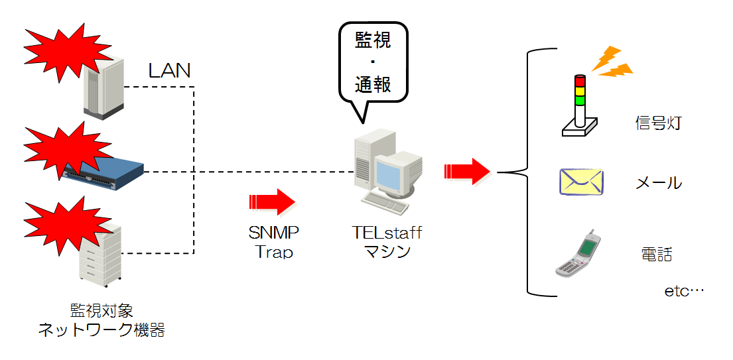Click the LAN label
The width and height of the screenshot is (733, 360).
pyautogui.click(x=169, y=70)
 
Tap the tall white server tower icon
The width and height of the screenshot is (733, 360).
pyautogui.click(x=104, y=86)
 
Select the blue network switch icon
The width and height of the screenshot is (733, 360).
pyautogui.click(x=105, y=170)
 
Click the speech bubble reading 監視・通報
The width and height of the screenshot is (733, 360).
pyautogui.click(x=373, y=63)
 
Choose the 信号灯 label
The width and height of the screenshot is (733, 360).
pyautogui.click(x=657, y=123)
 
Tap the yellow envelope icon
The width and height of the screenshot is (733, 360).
pyautogui.click(x=581, y=182)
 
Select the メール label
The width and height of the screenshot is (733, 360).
pyautogui.click(x=659, y=183)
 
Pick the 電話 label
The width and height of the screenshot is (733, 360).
pyautogui.click(x=657, y=255)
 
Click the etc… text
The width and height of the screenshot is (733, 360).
pyautogui.click(x=683, y=291)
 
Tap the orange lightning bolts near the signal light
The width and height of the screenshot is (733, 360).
pyautogui.click(x=612, y=61)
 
